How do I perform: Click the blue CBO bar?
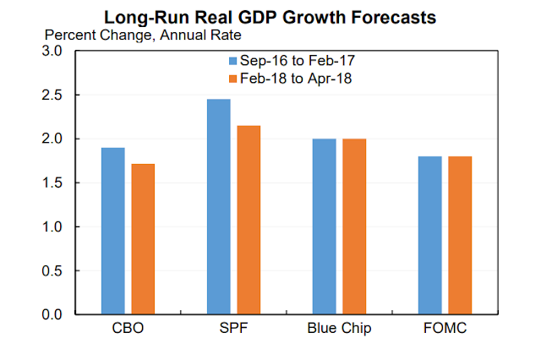click(x=112, y=231)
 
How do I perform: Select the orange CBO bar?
click(x=143, y=238)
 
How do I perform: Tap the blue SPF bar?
click(x=218, y=206)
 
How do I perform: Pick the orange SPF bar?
click(x=249, y=220)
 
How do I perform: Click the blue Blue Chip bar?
click(x=324, y=226)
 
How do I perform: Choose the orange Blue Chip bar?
click(x=354, y=226)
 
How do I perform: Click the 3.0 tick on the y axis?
click(x=52, y=51)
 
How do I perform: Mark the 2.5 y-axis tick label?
click(x=52, y=95)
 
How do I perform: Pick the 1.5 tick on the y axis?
click(x=52, y=183)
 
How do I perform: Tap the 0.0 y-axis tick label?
click(x=52, y=314)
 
